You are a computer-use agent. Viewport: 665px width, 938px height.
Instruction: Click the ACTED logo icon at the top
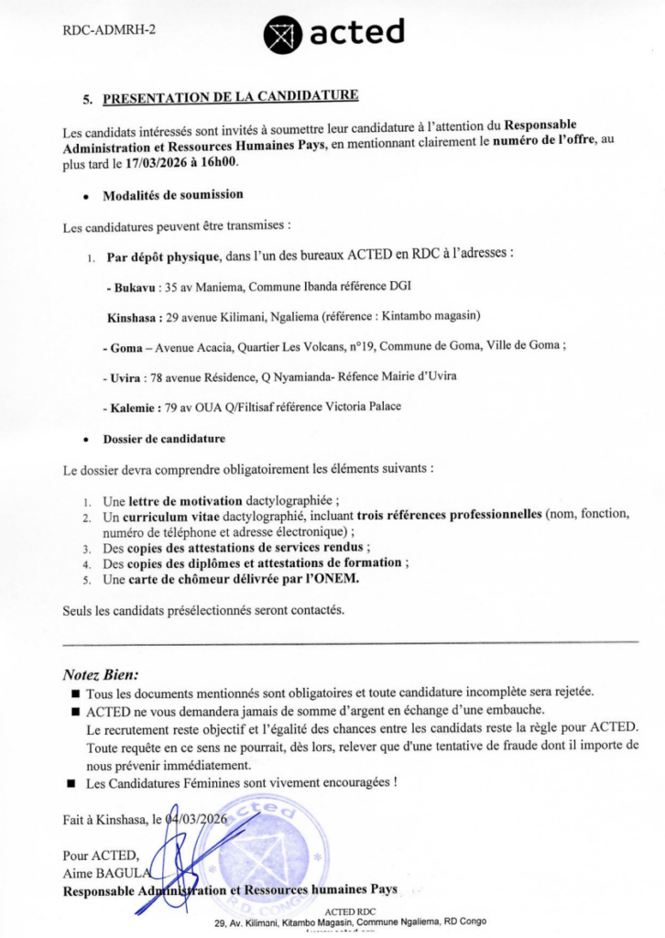[281, 35]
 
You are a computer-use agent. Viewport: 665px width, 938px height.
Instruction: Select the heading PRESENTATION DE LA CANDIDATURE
[230, 96]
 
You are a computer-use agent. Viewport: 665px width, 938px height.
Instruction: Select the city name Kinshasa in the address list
[132, 317]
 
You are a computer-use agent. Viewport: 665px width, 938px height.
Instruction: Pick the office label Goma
[119, 347]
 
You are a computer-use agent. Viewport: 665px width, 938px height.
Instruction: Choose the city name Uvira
[122, 377]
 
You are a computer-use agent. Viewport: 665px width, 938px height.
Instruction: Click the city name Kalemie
[127, 407]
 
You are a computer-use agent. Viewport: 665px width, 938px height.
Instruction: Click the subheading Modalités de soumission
[173, 194]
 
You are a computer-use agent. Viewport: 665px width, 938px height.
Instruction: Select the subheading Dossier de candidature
[164, 439]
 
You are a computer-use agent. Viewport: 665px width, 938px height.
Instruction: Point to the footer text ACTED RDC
[350, 911]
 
